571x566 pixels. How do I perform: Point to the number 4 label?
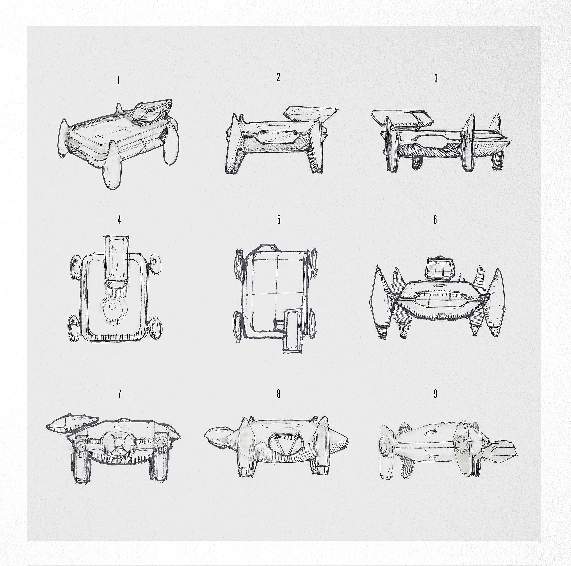[x=119, y=220]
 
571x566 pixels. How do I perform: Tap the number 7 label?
[x=120, y=394]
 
